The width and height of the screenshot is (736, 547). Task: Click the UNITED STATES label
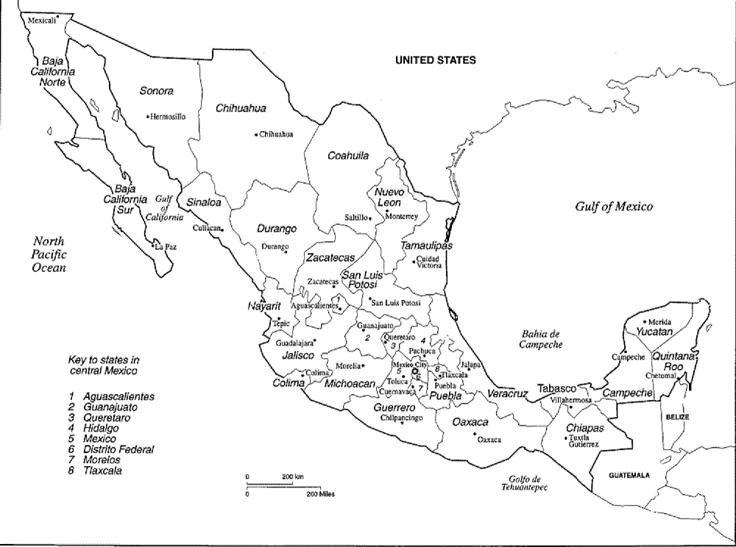[x=435, y=60]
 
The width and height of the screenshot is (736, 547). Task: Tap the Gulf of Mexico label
[x=614, y=207]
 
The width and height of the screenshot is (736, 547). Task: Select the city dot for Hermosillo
[x=148, y=115]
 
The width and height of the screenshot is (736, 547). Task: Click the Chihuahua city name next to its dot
[x=277, y=134]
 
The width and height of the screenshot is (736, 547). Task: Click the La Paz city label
[x=166, y=247]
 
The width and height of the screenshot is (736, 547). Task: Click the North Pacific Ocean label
[x=49, y=254]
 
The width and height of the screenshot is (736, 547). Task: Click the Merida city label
[x=659, y=321]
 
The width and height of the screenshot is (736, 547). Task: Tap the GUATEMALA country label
[x=629, y=476]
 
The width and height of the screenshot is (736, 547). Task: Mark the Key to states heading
[x=104, y=365]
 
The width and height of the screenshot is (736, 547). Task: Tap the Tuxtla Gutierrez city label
[x=584, y=441]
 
